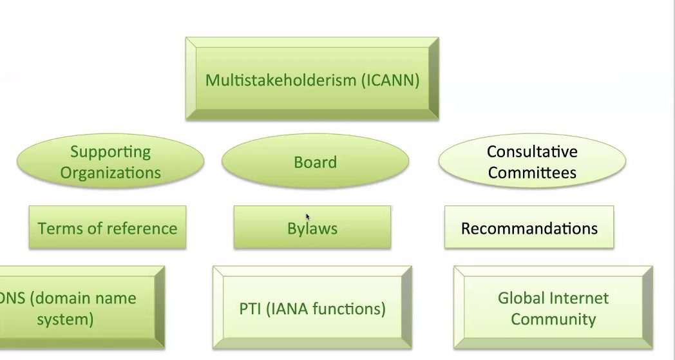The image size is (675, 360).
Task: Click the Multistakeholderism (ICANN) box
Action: [312, 79]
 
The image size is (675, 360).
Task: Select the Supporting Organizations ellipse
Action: [110, 161]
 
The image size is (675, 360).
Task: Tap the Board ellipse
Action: [315, 161]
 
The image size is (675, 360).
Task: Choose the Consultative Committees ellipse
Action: [532, 161]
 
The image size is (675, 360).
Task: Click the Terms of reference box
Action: [108, 227]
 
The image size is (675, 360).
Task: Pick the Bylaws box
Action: [312, 227]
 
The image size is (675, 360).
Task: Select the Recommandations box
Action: [529, 227]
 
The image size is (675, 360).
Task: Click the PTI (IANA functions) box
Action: [312, 307]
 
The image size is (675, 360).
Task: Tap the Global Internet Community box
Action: [553, 307]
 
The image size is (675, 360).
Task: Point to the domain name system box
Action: [82, 307]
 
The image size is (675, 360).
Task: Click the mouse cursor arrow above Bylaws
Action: [307, 216]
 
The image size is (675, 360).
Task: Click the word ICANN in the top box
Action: [391, 80]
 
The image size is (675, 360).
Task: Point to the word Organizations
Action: [110, 173]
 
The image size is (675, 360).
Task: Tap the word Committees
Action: [532, 172]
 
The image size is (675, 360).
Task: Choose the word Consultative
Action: [532, 151]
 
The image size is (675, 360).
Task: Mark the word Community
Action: [553, 319]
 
